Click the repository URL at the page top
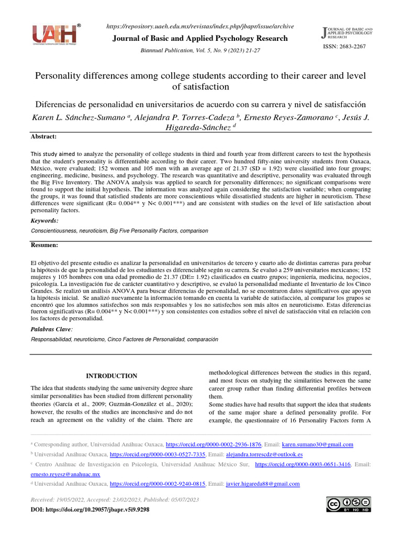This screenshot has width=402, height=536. pos(200,26)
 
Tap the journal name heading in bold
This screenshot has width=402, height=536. pos(200,38)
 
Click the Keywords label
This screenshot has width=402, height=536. pos(44,221)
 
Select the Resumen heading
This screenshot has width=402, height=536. pos(44,245)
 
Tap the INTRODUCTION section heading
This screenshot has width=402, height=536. pos(111,376)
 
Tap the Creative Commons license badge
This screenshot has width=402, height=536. pos(348,504)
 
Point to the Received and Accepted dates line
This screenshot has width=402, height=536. pos(115,500)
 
